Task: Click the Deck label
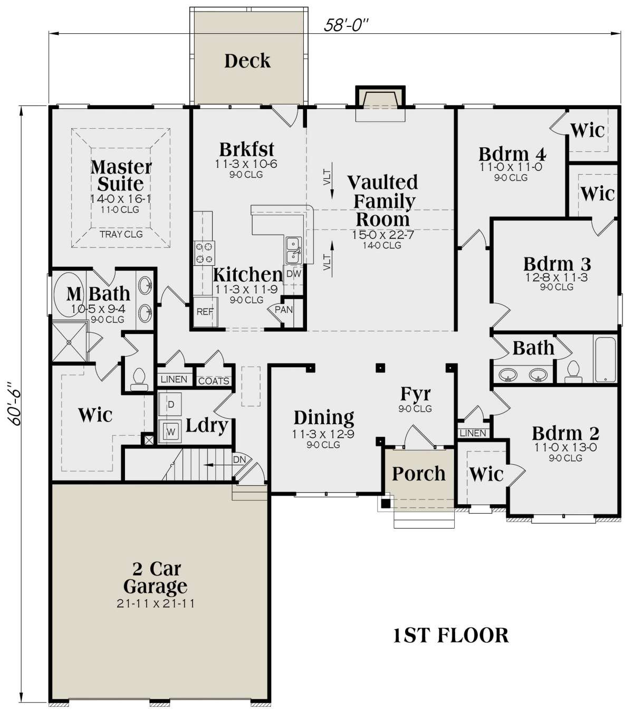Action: pos(247,61)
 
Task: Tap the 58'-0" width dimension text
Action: pos(346,25)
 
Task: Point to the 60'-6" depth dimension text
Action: pos(15,404)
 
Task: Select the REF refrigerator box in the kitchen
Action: pos(205,312)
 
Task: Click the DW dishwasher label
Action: pos(294,274)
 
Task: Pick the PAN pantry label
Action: pos(284,310)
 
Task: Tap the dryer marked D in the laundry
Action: pos(170,405)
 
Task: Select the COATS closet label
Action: pos(214,381)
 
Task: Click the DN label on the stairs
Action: pos(239,459)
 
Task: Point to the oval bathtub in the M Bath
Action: pos(69,295)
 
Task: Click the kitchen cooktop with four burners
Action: pos(205,253)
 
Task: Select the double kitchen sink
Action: pos(294,250)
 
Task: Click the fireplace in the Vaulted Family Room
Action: pos(380,103)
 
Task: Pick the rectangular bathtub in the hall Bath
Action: pos(606,360)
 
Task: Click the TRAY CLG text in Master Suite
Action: pos(121,234)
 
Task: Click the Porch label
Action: pos(419,474)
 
